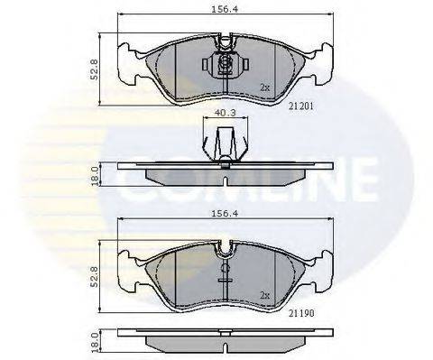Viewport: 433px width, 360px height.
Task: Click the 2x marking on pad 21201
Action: click(264, 88)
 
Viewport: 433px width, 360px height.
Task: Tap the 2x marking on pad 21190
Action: click(264, 294)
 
